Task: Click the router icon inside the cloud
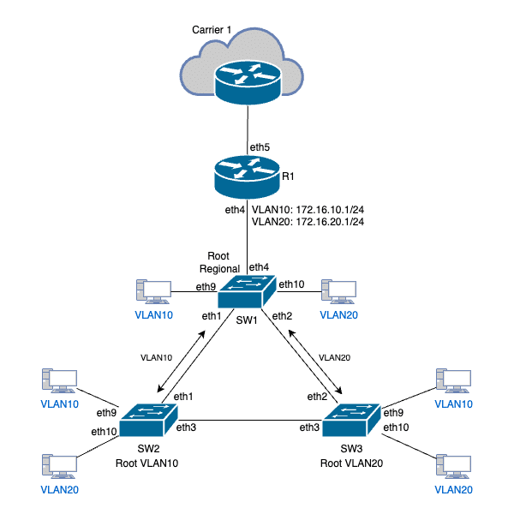coord(247,78)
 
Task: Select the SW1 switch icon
coord(247,293)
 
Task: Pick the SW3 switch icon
coord(350,417)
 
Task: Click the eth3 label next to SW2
coord(187,427)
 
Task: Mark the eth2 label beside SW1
coord(283,317)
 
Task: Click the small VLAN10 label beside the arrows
coord(157,356)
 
